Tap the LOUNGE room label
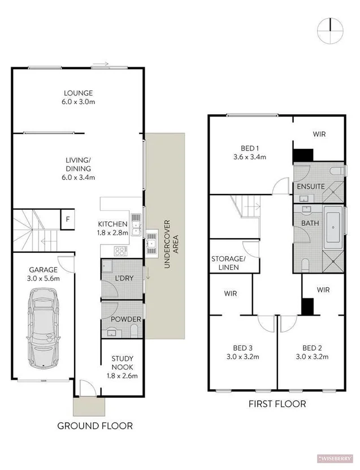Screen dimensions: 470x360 (x=78, y=93)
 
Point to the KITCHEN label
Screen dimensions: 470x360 (x=112, y=224)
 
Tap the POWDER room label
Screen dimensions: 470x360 (x=125, y=320)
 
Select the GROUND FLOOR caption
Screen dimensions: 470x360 (x=95, y=425)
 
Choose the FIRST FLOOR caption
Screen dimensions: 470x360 (x=277, y=404)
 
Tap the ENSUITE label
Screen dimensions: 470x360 (x=310, y=187)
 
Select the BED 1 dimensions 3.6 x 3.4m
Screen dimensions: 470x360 (x=249, y=157)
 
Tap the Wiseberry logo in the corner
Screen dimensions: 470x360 (x=338, y=457)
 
